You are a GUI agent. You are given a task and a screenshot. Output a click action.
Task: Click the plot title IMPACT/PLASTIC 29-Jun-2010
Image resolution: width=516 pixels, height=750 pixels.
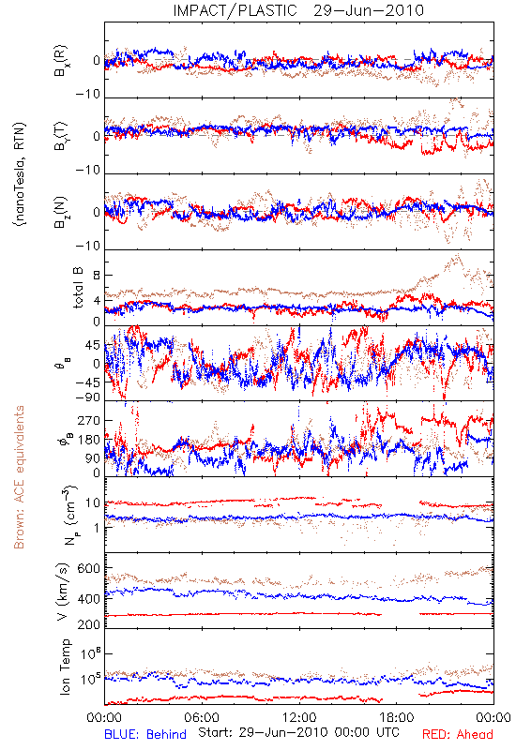298,10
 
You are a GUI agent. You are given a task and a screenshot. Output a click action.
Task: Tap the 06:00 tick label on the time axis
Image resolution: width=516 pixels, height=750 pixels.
202,717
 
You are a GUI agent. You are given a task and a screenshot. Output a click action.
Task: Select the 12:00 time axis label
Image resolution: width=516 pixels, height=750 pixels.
299,717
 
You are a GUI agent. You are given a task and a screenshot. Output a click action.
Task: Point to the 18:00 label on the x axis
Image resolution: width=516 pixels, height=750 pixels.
397,717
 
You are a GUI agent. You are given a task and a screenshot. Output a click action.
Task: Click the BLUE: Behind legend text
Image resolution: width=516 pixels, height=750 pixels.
145,734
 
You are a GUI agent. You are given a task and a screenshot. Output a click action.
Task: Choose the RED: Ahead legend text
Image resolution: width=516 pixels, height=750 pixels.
457,734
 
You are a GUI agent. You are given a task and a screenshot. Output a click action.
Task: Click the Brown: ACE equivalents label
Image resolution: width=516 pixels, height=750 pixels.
19,477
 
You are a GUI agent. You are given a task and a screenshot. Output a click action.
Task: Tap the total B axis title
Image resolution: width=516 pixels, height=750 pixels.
78,288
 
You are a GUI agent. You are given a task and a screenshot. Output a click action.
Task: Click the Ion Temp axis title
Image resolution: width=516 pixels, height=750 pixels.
65,667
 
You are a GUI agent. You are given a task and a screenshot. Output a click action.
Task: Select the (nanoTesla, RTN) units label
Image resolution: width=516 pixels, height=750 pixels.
20,174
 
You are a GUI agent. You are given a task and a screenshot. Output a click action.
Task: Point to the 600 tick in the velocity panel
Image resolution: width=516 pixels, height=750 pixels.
89,568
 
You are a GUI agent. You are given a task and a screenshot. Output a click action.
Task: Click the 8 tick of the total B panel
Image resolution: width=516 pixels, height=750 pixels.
97,276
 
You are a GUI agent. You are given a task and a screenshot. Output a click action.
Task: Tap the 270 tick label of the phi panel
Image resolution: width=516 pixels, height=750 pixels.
89,420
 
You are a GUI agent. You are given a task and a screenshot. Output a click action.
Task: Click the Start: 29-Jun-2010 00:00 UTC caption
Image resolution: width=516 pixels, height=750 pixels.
298,732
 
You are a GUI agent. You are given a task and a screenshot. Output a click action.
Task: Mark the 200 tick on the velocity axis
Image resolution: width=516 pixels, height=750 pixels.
89,623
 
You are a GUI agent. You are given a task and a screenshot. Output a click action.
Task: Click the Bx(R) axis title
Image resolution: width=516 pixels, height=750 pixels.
61,61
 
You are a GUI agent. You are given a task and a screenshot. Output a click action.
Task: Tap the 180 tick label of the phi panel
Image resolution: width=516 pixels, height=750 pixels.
89,440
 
